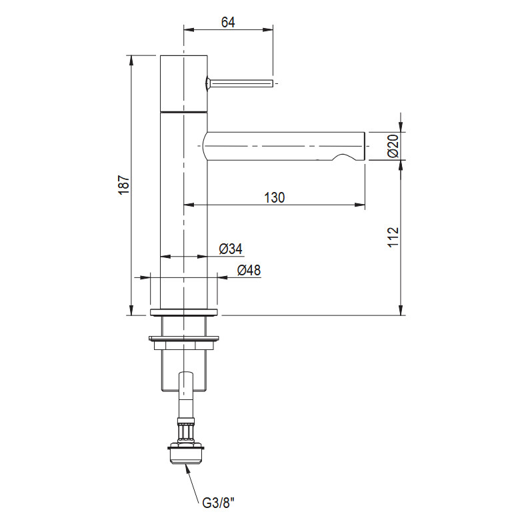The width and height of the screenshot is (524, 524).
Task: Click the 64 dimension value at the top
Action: click(x=228, y=22)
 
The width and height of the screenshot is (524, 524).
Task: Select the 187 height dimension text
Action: click(x=123, y=185)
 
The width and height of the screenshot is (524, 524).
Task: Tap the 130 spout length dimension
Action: click(x=275, y=197)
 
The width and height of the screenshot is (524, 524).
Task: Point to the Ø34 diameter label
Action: click(x=231, y=249)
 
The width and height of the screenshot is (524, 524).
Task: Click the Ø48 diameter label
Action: click(x=249, y=270)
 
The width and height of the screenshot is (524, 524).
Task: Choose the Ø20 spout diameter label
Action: click(x=393, y=146)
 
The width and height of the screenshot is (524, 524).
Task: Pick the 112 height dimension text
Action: click(x=393, y=237)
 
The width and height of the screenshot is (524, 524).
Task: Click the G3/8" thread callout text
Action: click(x=218, y=503)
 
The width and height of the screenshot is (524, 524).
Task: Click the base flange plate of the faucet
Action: click(x=184, y=312)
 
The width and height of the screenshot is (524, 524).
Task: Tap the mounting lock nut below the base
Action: click(x=184, y=343)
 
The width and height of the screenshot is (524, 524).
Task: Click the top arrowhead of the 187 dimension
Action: click(x=131, y=61)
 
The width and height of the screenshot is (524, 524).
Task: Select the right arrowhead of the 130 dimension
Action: click(x=359, y=205)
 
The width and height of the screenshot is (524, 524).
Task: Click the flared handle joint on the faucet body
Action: click(x=208, y=83)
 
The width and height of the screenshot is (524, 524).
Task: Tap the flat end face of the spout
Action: click(x=364, y=147)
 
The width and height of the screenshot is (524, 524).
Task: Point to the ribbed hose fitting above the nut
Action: click(x=186, y=431)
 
